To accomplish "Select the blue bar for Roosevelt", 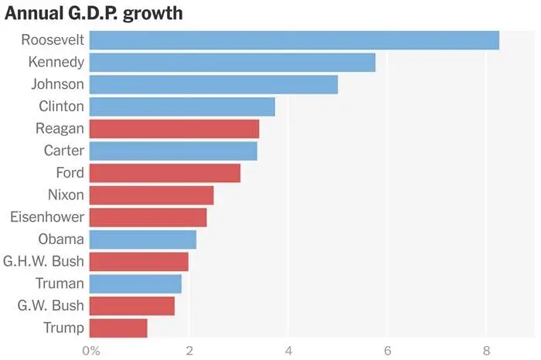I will pyautogui.click(x=294, y=40).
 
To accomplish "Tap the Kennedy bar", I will pyautogui.click(x=233, y=62).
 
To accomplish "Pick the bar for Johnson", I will pyautogui.click(x=213, y=84).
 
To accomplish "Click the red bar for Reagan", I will pyautogui.click(x=175, y=128).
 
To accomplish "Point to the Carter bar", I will pyautogui.click(x=173, y=151).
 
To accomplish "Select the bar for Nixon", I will pyautogui.click(x=151, y=195).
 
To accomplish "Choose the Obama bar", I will pyautogui.click(x=143, y=239).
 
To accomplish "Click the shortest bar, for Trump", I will pyautogui.click(x=118, y=328).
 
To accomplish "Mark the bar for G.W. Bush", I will pyautogui.click(x=132, y=306).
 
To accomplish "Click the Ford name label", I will pyautogui.click(x=70, y=173).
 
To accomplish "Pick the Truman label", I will pyautogui.click(x=60, y=284).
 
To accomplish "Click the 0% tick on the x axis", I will pyautogui.click(x=90, y=350).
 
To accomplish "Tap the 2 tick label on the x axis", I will pyautogui.click(x=189, y=350).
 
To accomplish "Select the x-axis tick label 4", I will pyautogui.click(x=288, y=350).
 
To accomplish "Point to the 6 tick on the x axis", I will pyautogui.click(x=387, y=350).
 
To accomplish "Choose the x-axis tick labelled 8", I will pyautogui.click(x=486, y=350).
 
